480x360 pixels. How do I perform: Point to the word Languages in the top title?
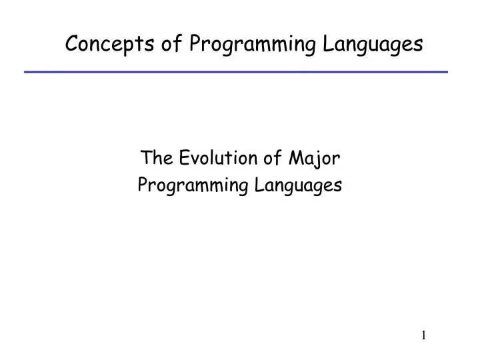pyautogui.click(x=371, y=44)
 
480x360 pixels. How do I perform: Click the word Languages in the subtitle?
pyautogui.click(x=298, y=186)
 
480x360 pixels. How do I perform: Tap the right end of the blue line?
pyautogui.click(x=447, y=71)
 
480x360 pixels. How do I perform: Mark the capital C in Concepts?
pyautogui.click(x=72, y=44)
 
